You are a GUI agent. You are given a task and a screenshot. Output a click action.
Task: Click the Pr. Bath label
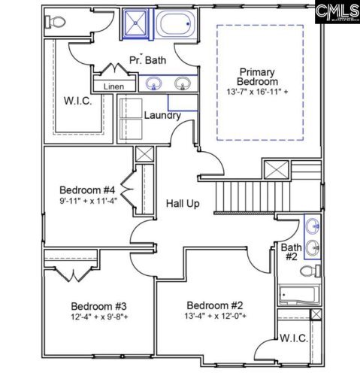pyautogui.click(x=147, y=59)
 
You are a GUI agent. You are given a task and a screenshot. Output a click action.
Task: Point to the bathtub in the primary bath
pyautogui.click(x=177, y=23)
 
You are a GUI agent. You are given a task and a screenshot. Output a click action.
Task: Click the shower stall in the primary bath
pyautogui.click(x=136, y=23)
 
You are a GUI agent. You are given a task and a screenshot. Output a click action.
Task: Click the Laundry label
pyautogui.click(x=162, y=115)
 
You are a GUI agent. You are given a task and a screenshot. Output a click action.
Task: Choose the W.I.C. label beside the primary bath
pyautogui.click(x=77, y=101)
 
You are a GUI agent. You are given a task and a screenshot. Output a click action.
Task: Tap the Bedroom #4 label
pyautogui.click(x=88, y=189)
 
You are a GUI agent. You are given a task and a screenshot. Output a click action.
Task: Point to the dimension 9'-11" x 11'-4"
pyautogui.click(x=88, y=202)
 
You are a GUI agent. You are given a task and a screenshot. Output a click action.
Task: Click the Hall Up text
pyautogui.click(x=183, y=203)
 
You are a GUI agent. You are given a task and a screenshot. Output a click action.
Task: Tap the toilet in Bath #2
pyautogui.click(x=319, y=270)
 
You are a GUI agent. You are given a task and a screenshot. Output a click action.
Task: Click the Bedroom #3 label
pyautogui.click(x=98, y=306)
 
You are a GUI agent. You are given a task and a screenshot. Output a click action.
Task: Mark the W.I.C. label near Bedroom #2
pyautogui.click(x=293, y=339)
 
